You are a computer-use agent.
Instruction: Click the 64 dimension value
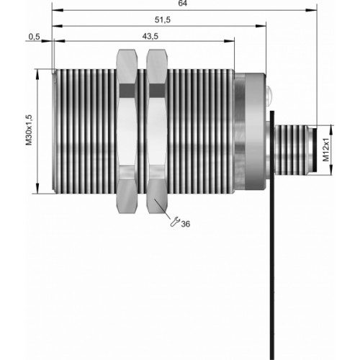click(182, 4)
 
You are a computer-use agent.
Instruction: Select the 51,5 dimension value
click(163, 19)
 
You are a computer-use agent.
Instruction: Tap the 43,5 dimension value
click(150, 36)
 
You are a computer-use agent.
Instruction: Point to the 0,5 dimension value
click(35, 37)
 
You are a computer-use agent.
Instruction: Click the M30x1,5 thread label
click(29, 130)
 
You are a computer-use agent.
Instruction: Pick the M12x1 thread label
click(325, 150)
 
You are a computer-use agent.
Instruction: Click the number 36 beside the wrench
click(185, 224)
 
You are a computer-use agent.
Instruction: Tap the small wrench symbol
click(175, 222)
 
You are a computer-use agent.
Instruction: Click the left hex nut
click(127, 131)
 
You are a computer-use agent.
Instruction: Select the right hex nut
click(157, 131)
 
